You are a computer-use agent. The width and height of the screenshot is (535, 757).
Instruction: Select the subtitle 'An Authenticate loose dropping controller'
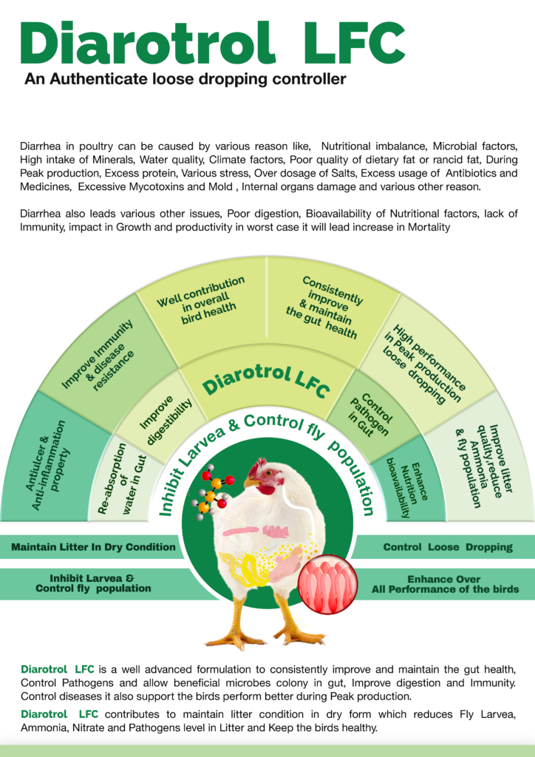pyautogui.click(x=185, y=78)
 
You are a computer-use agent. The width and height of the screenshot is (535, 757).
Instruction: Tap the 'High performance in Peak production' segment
pyautogui.click(x=424, y=362)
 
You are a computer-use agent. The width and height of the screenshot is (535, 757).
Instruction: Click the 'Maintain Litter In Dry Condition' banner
pyautogui.click(x=93, y=547)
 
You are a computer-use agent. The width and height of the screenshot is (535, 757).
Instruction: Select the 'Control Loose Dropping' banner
pyautogui.click(x=448, y=547)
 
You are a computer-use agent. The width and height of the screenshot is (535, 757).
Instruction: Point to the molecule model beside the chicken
pyautogui.click(x=212, y=491)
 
